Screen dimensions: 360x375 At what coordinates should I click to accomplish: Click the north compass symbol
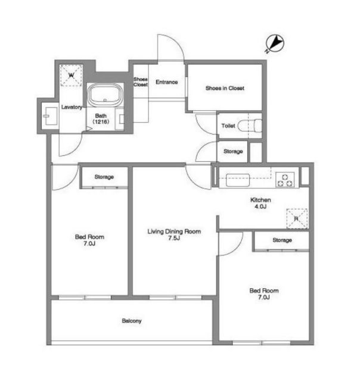tap(275, 43)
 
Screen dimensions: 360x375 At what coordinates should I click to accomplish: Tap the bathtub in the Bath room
tap(105, 94)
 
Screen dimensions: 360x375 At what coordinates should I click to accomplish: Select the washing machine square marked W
tap(71, 75)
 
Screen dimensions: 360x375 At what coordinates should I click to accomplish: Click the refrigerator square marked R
tap(297, 218)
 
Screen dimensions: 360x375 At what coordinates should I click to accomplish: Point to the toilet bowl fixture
tap(250, 126)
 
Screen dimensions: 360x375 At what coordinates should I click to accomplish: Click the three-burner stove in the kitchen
tap(285, 179)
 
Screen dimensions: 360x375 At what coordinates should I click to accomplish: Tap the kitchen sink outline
tap(238, 180)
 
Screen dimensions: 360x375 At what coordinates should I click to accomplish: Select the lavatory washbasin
tap(51, 116)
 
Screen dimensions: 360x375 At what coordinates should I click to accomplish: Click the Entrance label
tap(167, 82)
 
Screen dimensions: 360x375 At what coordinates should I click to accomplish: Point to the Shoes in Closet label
tap(225, 88)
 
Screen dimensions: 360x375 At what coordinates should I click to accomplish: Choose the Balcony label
tap(132, 321)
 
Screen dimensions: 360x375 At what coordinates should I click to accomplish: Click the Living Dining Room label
tap(174, 232)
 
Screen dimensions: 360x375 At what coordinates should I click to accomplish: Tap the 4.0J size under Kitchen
tap(260, 206)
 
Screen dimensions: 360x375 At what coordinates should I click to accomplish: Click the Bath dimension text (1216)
tap(101, 121)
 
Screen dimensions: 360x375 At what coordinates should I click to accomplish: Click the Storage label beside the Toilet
tap(233, 151)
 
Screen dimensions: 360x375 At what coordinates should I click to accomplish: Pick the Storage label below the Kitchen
tap(282, 240)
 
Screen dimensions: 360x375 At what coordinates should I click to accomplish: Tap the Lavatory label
tap(72, 107)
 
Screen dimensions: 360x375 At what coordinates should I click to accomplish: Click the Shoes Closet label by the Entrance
tap(141, 82)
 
